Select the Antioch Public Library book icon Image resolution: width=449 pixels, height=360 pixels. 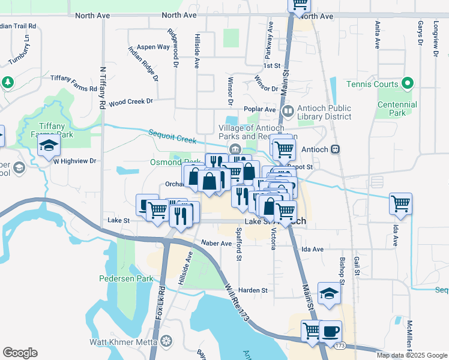[288, 112]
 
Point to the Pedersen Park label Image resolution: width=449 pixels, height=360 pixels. [122, 278]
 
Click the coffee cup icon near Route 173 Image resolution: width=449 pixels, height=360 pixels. [330, 331]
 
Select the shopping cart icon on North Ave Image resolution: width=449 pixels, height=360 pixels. [300, 5]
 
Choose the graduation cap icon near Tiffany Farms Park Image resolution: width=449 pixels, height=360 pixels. [49, 146]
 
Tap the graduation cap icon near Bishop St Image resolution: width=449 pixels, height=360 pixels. [329, 293]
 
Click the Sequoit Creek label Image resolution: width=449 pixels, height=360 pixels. [172, 136]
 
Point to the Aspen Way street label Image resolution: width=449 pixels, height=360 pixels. [153, 47]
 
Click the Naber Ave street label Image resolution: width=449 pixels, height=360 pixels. [217, 244]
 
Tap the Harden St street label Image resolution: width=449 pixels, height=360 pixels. [255, 290]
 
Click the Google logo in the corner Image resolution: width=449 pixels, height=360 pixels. [20, 353]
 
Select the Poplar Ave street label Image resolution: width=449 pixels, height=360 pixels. [259, 109]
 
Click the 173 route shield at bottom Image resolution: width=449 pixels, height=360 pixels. [340, 346]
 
